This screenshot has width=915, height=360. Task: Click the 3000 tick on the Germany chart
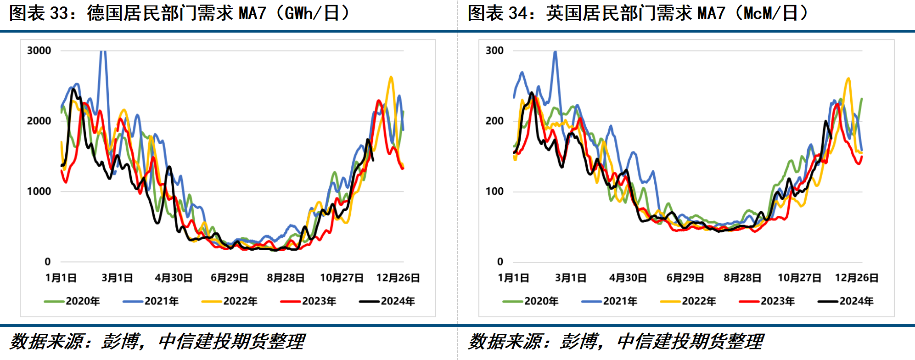click(39, 51)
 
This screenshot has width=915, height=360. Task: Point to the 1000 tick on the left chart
click(39, 191)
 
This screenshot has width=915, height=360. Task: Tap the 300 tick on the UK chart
click(494, 51)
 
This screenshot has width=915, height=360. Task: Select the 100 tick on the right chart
click(494, 191)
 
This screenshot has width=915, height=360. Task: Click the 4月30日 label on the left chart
click(174, 278)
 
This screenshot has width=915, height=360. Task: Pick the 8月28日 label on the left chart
click(286, 278)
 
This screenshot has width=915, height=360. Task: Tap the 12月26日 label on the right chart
click(857, 278)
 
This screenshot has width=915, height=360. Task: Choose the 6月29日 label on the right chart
click(685, 278)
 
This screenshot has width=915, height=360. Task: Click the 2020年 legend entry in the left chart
click(73, 301)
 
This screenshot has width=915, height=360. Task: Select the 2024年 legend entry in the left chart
click(387, 301)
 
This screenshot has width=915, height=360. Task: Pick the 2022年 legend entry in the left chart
click(230, 301)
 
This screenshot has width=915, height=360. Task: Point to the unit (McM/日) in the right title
click(771, 13)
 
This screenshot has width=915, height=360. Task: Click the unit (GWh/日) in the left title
click(312, 13)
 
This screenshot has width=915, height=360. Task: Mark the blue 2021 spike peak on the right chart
click(556, 52)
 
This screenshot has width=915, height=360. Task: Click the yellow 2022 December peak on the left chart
click(391, 77)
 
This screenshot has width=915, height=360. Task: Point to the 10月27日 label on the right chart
click(799, 278)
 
